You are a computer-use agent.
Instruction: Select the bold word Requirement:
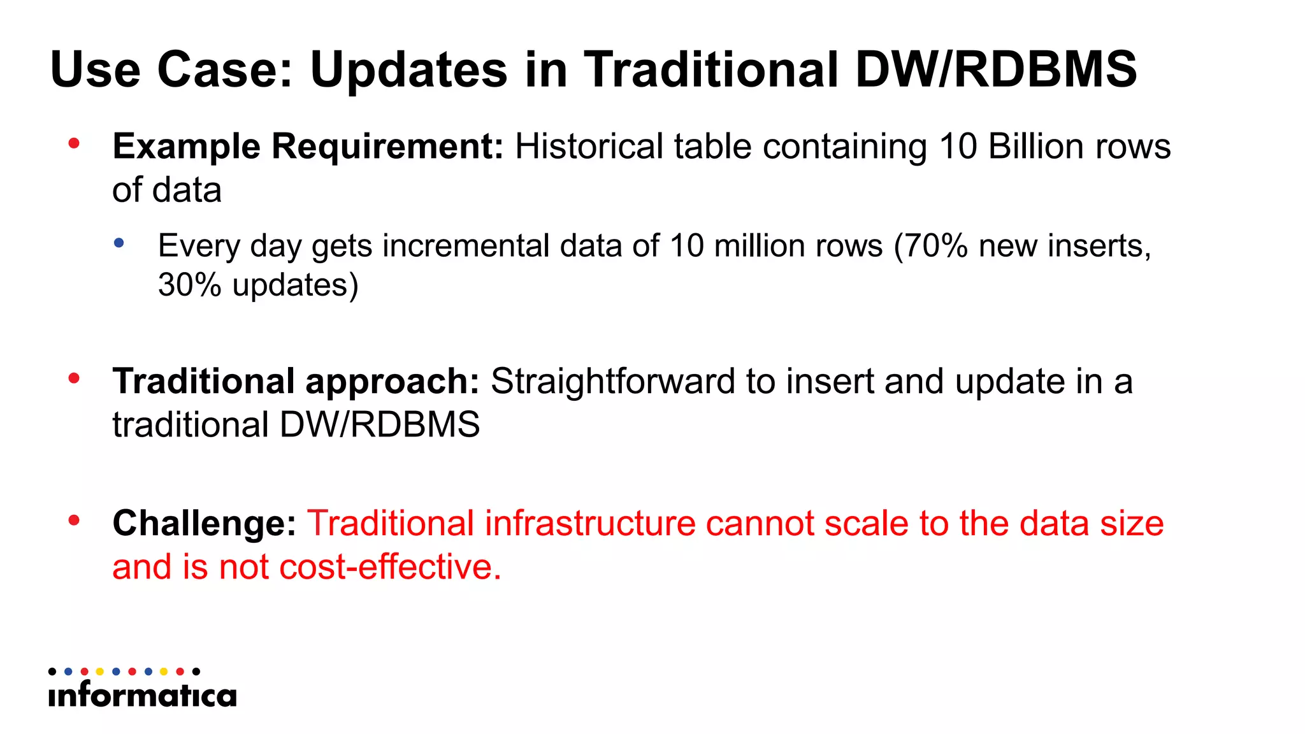pyautogui.click(x=387, y=147)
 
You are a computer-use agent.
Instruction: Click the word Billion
pyautogui.click(x=1036, y=147)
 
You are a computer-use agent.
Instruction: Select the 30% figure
pyautogui.click(x=189, y=284)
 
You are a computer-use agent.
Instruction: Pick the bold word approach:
pyautogui.click(x=392, y=382)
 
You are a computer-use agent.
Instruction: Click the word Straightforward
pyautogui.click(x=613, y=382)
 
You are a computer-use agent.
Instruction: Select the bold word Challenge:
pyautogui.click(x=204, y=524)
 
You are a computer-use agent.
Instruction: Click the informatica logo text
pyautogui.click(x=142, y=694)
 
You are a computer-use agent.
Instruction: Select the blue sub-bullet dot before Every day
pyautogui.click(x=119, y=243)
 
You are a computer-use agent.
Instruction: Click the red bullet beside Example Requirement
pyautogui.click(x=74, y=143)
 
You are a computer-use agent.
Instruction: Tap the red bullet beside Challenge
pyautogui.click(x=74, y=521)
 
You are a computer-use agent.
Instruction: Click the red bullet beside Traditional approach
pyautogui.click(x=74, y=378)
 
